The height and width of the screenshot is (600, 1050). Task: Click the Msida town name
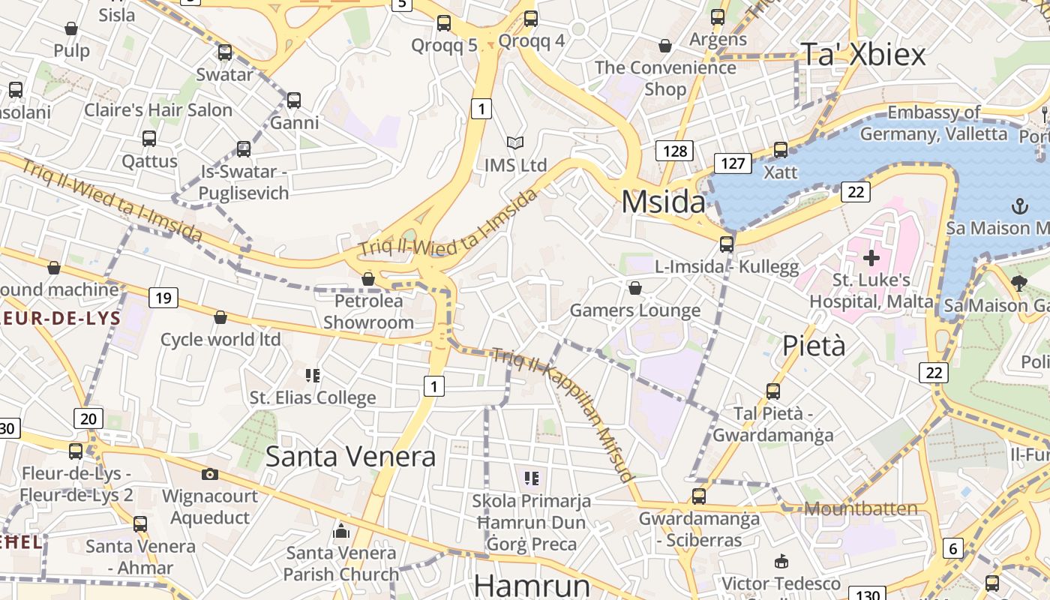[664, 202]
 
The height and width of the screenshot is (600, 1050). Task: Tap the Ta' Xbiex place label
[863, 55]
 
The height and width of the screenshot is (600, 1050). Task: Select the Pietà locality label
[814, 346]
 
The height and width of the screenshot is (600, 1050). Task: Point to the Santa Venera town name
[350, 456]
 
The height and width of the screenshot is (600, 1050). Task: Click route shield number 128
[674, 151]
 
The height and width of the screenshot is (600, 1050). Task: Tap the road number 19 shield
[163, 298]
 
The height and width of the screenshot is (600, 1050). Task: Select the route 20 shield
[88, 418]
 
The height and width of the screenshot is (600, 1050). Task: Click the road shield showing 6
[952, 548]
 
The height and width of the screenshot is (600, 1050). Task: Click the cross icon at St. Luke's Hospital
[871, 259]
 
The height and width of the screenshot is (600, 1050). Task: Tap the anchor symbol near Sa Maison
[1019, 205]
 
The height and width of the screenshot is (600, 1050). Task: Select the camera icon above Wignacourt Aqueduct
[210, 474]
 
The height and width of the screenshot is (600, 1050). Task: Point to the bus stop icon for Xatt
[781, 150]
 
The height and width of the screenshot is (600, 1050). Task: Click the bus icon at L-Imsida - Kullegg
[726, 244]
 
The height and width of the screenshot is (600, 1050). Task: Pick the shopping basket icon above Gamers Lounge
[635, 288]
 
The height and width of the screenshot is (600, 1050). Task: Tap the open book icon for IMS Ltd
[514, 142]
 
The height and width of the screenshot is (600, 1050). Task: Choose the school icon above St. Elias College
[313, 375]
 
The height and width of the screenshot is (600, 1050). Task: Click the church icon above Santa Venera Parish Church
[341, 531]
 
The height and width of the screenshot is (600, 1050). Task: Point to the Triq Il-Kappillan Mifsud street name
[562, 412]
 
